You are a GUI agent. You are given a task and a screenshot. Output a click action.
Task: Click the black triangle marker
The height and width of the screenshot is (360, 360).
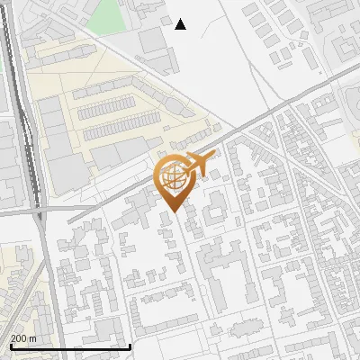181,24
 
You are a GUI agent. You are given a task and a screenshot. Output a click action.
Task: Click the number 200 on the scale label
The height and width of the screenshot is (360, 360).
18,337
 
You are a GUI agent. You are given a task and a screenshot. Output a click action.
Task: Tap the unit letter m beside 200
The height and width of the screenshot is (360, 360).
32,337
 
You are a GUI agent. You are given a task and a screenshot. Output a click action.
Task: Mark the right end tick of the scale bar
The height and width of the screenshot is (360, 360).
130,346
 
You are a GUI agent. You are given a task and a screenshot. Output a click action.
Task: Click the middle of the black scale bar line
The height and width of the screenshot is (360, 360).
69,347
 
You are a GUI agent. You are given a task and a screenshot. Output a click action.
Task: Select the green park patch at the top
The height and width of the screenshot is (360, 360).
107,13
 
